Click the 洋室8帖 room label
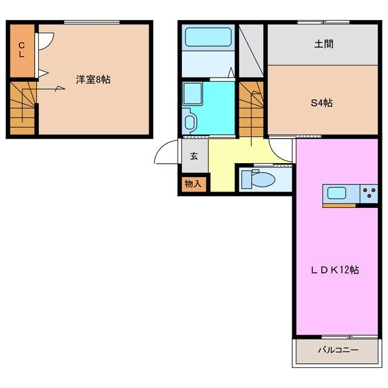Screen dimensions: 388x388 pos(93,79)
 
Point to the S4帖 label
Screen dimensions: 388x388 pos(321,102)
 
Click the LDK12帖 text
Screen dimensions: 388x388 pos(335,269)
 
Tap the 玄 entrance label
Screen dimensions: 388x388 pos(195,156)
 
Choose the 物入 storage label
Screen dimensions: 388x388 pos(193,183)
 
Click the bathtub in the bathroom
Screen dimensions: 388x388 pos(209,38)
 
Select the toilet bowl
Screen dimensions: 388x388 pos(263,179)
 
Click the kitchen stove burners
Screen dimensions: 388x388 pos(369,193)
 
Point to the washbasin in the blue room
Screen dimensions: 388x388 pos(189,122)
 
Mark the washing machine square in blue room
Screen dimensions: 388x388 pos(193,93)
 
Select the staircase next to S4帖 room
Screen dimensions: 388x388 pos(251,109)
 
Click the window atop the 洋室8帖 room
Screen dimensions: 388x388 pos(91,22)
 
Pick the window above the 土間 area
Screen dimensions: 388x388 pos(323,22)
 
